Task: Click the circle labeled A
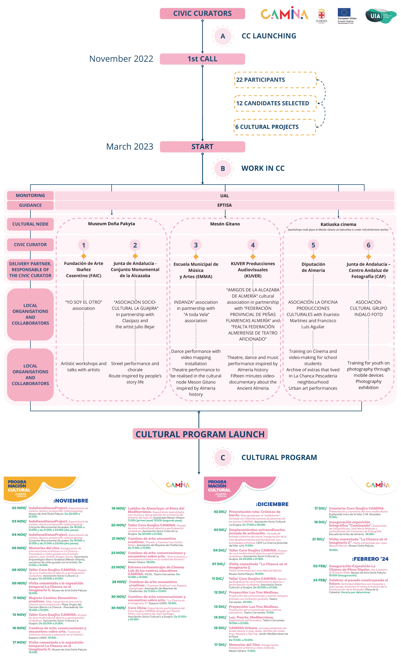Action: click(x=223, y=36)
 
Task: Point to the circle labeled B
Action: click(x=223, y=168)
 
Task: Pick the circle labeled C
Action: click(x=223, y=458)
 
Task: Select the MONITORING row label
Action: click(x=30, y=195)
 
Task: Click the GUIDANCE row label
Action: click(x=30, y=205)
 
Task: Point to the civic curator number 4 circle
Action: click(x=253, y=245)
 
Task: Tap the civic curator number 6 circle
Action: click(x=368, y=245)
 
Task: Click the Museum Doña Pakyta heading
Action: click(x=111, y=224)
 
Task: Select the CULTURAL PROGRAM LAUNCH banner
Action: click(x=200, y=434)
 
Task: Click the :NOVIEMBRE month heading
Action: click(x=71, y=501)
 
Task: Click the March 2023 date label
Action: click(x=130, y=147)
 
